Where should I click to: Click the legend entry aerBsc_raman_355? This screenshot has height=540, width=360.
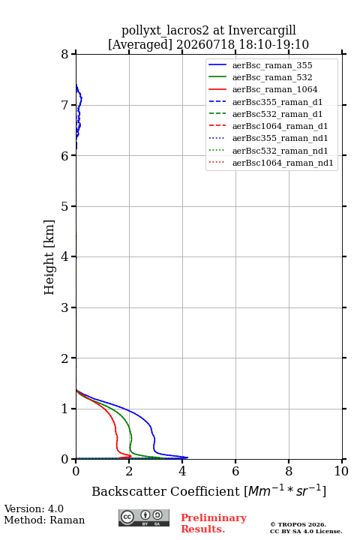pyautogui.click(x=272, y=65)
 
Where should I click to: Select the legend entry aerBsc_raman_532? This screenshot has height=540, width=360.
pyautogui.click(x=272, y=77)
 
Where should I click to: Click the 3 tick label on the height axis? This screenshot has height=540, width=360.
pyautogui.click(x=64, y=307)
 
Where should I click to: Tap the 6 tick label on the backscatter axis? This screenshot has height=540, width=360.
pyautogui.click(x=235, y=471)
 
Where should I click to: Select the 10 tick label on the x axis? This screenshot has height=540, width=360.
pyautogui.click(x=341, y=471)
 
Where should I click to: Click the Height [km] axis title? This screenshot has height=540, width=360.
pyautogui.click(x=49, y=257)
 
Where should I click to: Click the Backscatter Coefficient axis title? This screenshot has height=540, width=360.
pyautogui.click(x=208, y=490)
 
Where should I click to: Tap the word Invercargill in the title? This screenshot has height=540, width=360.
pyautogui.click(x=262, y=31)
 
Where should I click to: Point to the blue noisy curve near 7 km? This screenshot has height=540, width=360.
pyautogui.click(x=79, y=114)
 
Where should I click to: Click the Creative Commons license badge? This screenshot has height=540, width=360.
pyautogui.click(x=144, y=517)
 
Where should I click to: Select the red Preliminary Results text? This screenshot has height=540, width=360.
pyautogui.click(x=214, y=523)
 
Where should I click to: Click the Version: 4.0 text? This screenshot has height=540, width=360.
pyautogui.click(x=34, y=508)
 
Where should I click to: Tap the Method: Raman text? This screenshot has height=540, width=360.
pyautogui.click(x=44, y=520)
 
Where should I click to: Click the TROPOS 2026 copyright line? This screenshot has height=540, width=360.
pyautogui.click(x=298, y=524)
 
